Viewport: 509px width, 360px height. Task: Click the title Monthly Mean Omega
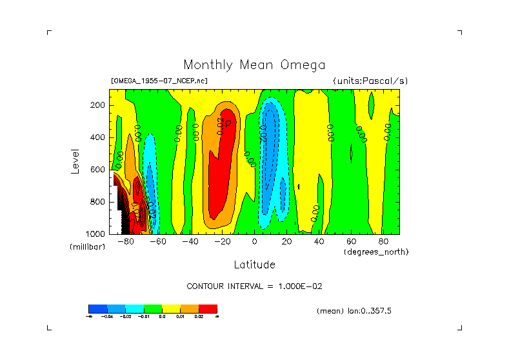point(254,65)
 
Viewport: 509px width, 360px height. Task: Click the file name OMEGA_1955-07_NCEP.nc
point(159,81)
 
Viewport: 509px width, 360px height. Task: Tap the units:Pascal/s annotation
point(370,81)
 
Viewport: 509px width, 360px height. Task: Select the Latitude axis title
point(254,265)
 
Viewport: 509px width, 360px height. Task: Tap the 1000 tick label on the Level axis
point(96,234)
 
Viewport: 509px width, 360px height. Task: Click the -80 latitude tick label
point(126,242)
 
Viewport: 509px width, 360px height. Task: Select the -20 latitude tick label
point(222,242)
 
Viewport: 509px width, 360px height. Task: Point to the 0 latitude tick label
point(255,242)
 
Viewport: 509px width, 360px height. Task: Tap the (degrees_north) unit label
point(376,251)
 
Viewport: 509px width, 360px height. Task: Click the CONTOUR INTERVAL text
point(254,286)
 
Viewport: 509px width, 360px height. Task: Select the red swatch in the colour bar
point(208,308)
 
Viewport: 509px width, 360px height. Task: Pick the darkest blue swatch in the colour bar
point(97,308)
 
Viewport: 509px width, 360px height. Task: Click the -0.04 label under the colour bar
point(116,317)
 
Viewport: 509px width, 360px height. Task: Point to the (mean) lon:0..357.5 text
point(354,311)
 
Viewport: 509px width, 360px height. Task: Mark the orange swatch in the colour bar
point(190,308)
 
